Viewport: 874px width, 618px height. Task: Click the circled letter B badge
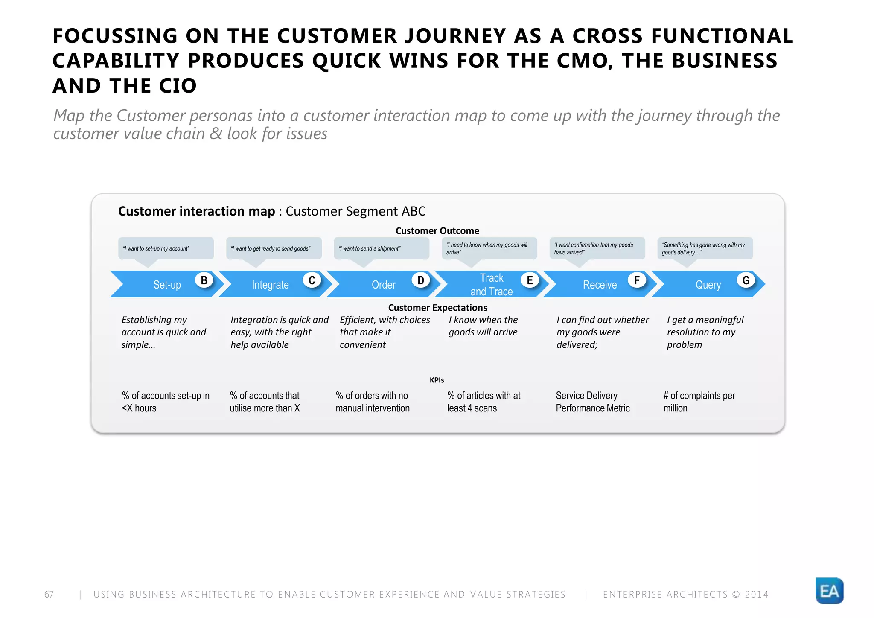(x=204, y=280)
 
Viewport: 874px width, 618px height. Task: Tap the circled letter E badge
(x=530, y=280)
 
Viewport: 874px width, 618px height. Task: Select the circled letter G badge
(x=746, y=280)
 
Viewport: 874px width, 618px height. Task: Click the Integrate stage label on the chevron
(x=270, y=285)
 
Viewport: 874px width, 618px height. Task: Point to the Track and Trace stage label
(x=492, y=285)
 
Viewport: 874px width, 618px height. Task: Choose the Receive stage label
(x=600, y=285)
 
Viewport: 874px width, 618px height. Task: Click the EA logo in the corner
(x=829, y=591)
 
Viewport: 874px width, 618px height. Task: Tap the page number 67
(x=49, y=594)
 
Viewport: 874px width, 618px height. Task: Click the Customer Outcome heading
(x=437, y=231)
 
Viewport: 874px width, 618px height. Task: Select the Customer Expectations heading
(x=437, y=308)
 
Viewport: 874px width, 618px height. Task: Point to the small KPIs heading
(x=437, y=380)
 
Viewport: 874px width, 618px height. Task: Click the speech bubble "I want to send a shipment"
(x=381, y=248)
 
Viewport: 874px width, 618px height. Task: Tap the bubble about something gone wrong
(x=705, y=248)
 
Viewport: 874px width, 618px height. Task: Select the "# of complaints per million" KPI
(x=699, y=402)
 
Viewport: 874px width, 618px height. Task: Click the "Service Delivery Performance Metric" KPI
(x=592, y=402)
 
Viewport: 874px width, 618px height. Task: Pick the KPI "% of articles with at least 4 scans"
(x=484, y=402)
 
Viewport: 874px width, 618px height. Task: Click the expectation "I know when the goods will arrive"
(x=483, y=326)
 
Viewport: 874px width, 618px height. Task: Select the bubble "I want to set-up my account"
(x=166, y=248)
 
